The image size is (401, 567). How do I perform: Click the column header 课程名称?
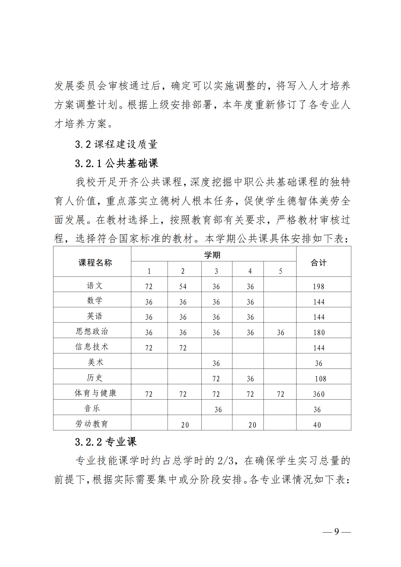tap(95, 263)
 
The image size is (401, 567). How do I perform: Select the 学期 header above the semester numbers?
tap(212, 255)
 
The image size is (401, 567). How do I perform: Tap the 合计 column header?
tap(318, 263)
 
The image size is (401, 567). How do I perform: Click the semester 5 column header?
tap(280, 271)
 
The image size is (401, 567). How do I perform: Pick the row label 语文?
tap(95, 286)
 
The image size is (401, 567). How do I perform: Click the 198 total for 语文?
tap(318, 286)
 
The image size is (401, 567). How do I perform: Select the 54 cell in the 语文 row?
tap(183, 286)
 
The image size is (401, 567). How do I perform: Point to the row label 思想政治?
tap(92, 331)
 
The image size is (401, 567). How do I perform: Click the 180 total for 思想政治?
tap(319, 332)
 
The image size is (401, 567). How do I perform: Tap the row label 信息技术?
tap(92, 347)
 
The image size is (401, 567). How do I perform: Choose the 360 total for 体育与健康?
tap(319, 394)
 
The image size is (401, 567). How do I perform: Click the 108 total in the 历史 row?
tap(320, 379)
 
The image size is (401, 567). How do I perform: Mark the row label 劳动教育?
tap(92, 424)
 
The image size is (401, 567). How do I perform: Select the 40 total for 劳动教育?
tap(317, 425)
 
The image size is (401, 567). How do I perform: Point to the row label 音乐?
tap(92, 408)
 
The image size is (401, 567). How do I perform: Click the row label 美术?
tap(95, 362)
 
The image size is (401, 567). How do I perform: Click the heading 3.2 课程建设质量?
tap(116, 144)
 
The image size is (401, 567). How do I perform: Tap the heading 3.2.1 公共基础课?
tap(117, 163)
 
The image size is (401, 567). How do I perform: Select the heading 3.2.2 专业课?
tap(106, 442)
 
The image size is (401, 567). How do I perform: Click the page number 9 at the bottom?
tap(337, 531)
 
